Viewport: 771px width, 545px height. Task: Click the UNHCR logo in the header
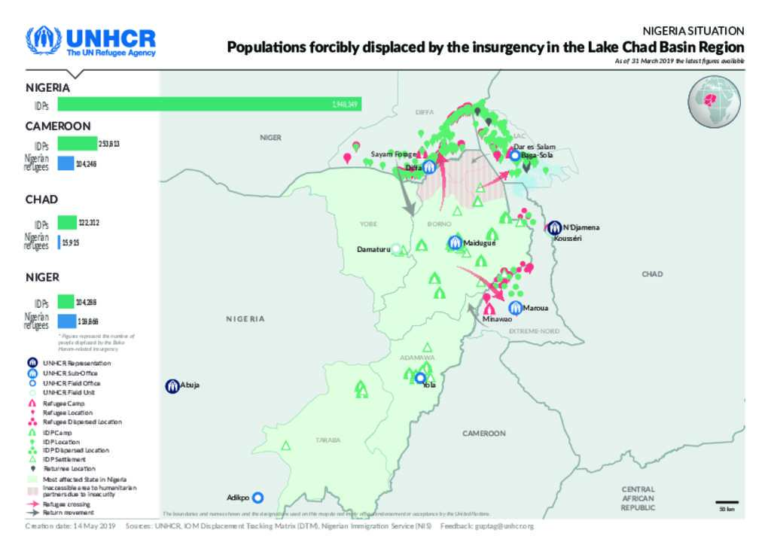[x=90, y=42]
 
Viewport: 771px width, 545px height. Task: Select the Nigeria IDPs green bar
[x=209, y=104]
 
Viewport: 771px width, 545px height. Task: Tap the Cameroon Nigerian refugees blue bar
[x=66, y=163]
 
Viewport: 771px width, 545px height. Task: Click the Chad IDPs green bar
[x=67, y=222]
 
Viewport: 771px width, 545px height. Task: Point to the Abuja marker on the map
[x=172, y=385]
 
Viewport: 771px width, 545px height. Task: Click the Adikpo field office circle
[x=258, y=497]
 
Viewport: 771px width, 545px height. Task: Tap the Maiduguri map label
[x=480, y=242]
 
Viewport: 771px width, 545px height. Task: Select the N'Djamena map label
[x=581, y=227]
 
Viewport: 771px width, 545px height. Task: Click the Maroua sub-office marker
[x=515, y=307]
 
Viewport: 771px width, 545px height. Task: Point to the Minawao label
[x=496, y=319]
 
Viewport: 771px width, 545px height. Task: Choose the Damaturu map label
[x=373, y=249]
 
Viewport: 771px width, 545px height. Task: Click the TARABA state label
[x=328, y=440]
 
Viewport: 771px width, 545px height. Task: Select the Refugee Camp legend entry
[x=63, y=403]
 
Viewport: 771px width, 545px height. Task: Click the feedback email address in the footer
[x=503, y=526]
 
